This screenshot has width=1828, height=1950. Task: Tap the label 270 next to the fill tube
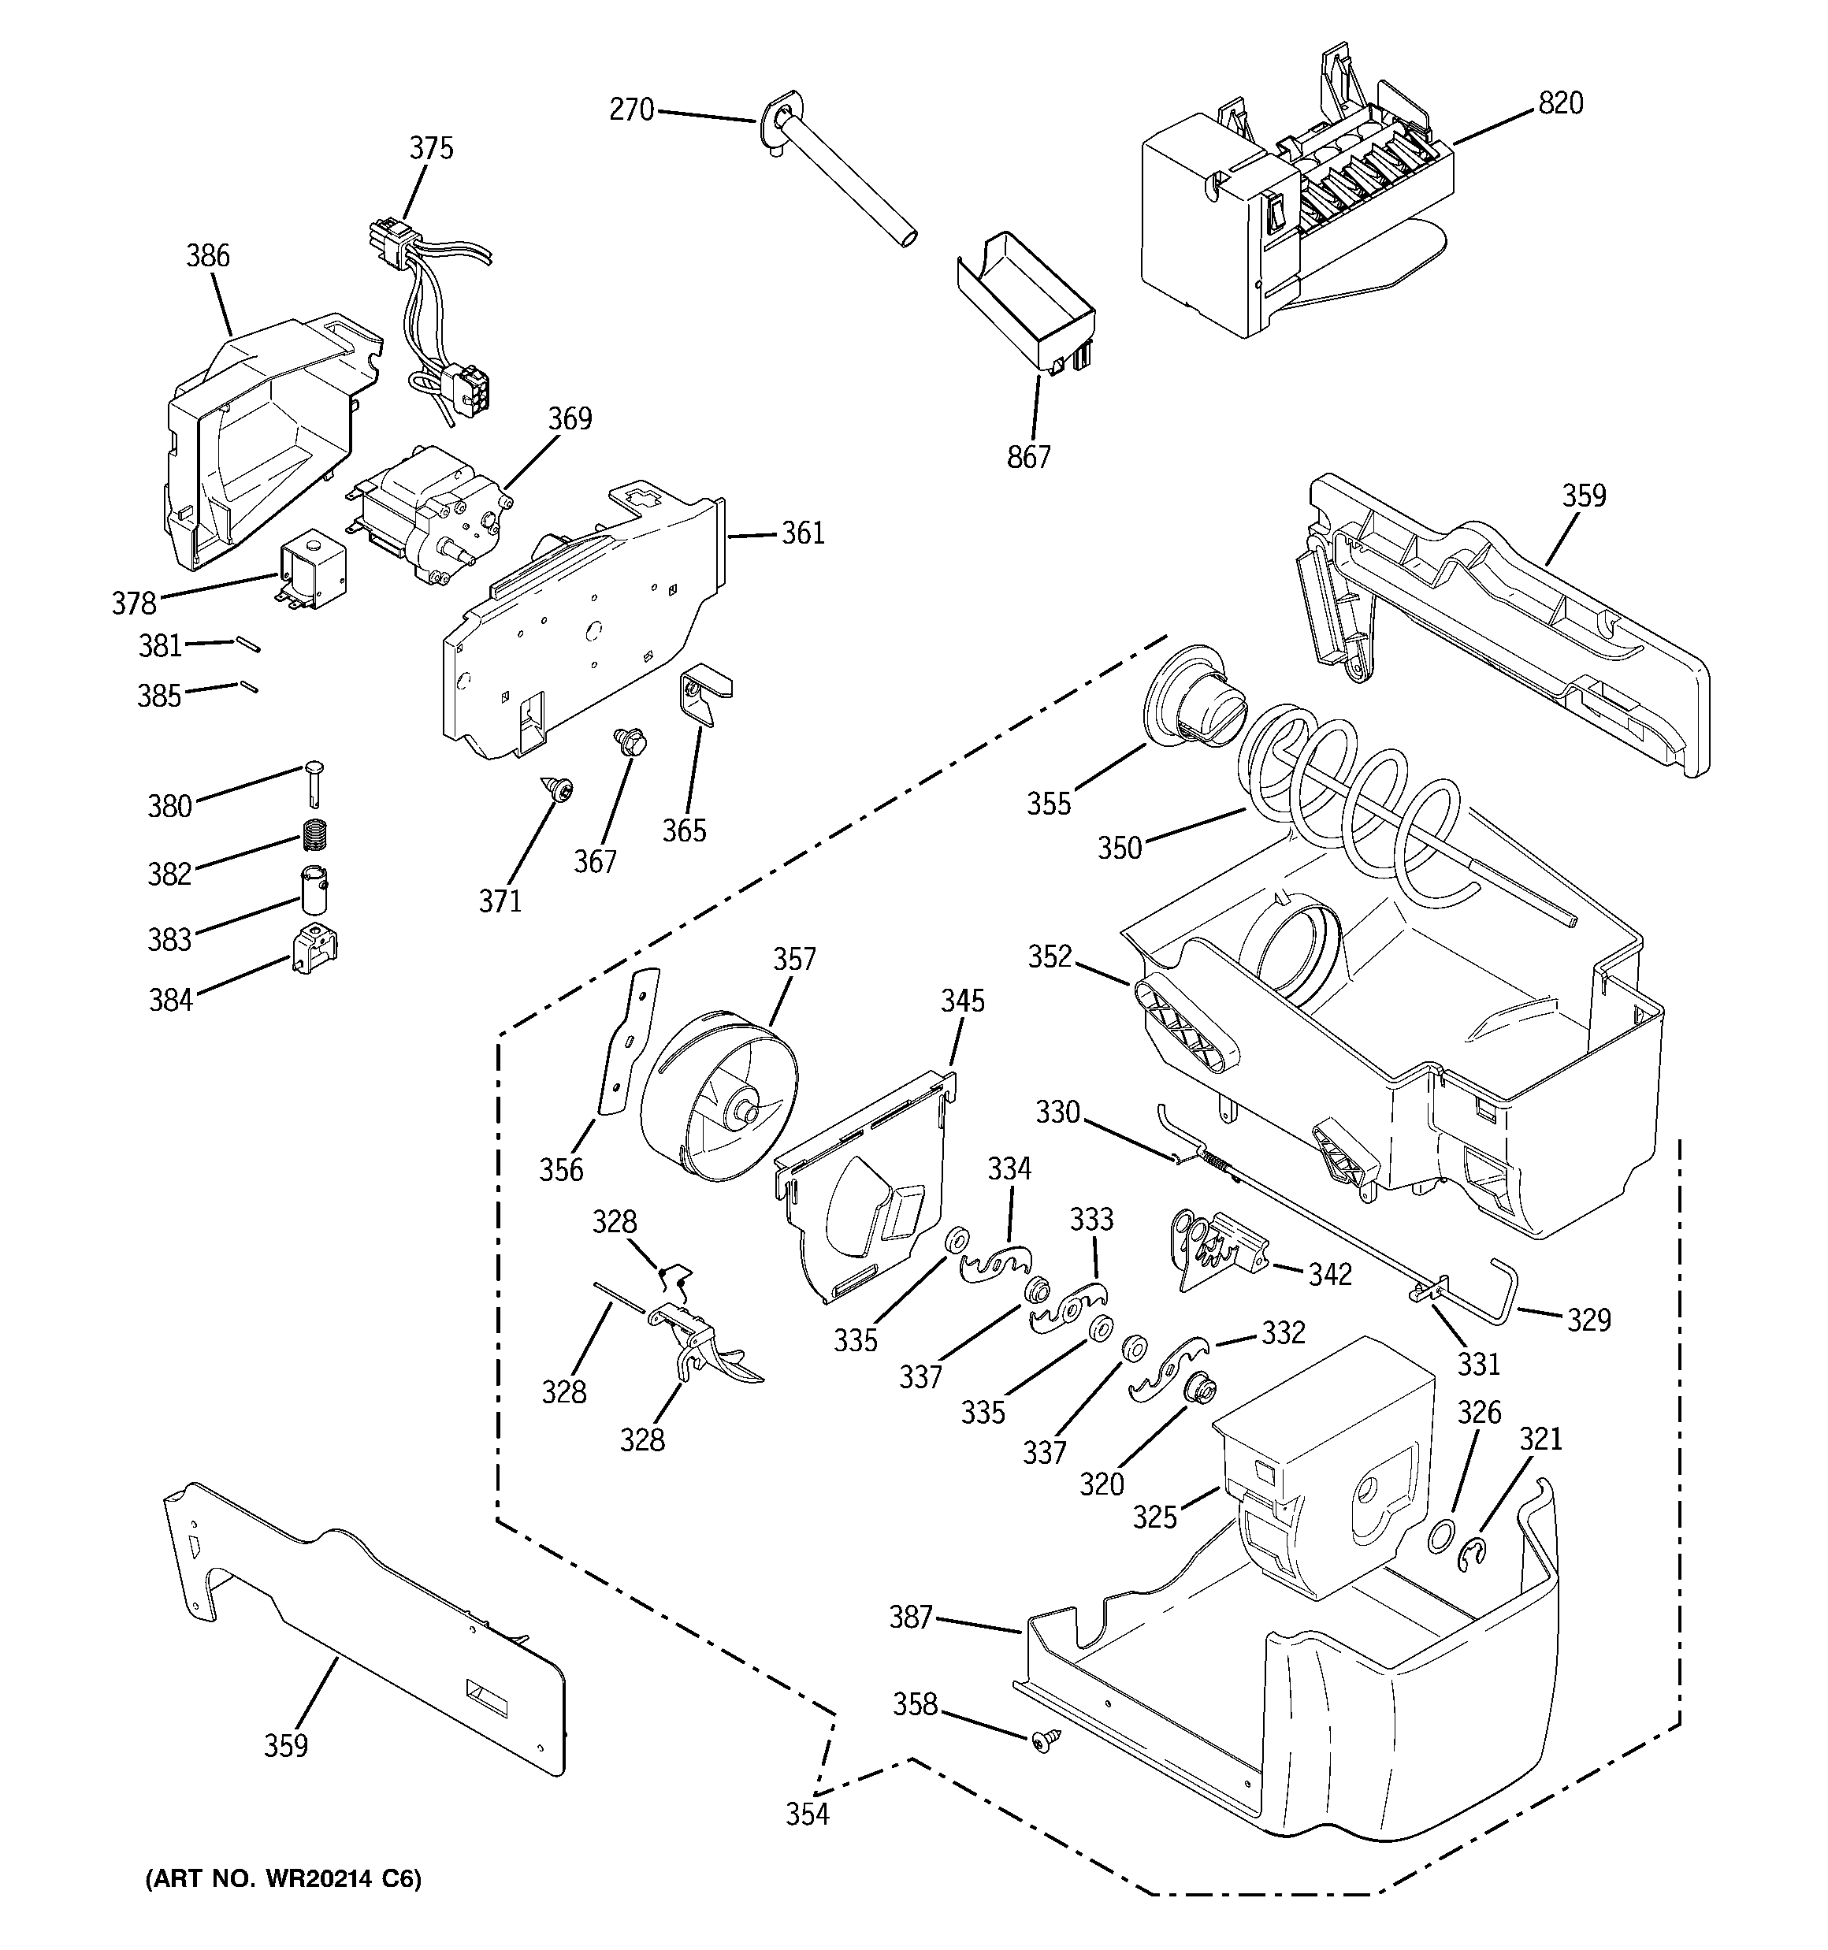(631, 109)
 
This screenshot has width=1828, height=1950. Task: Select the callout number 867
(1028, 456)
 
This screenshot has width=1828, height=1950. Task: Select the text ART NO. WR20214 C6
(284, 1878)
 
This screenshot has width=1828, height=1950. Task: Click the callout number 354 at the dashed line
(807, 1814)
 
